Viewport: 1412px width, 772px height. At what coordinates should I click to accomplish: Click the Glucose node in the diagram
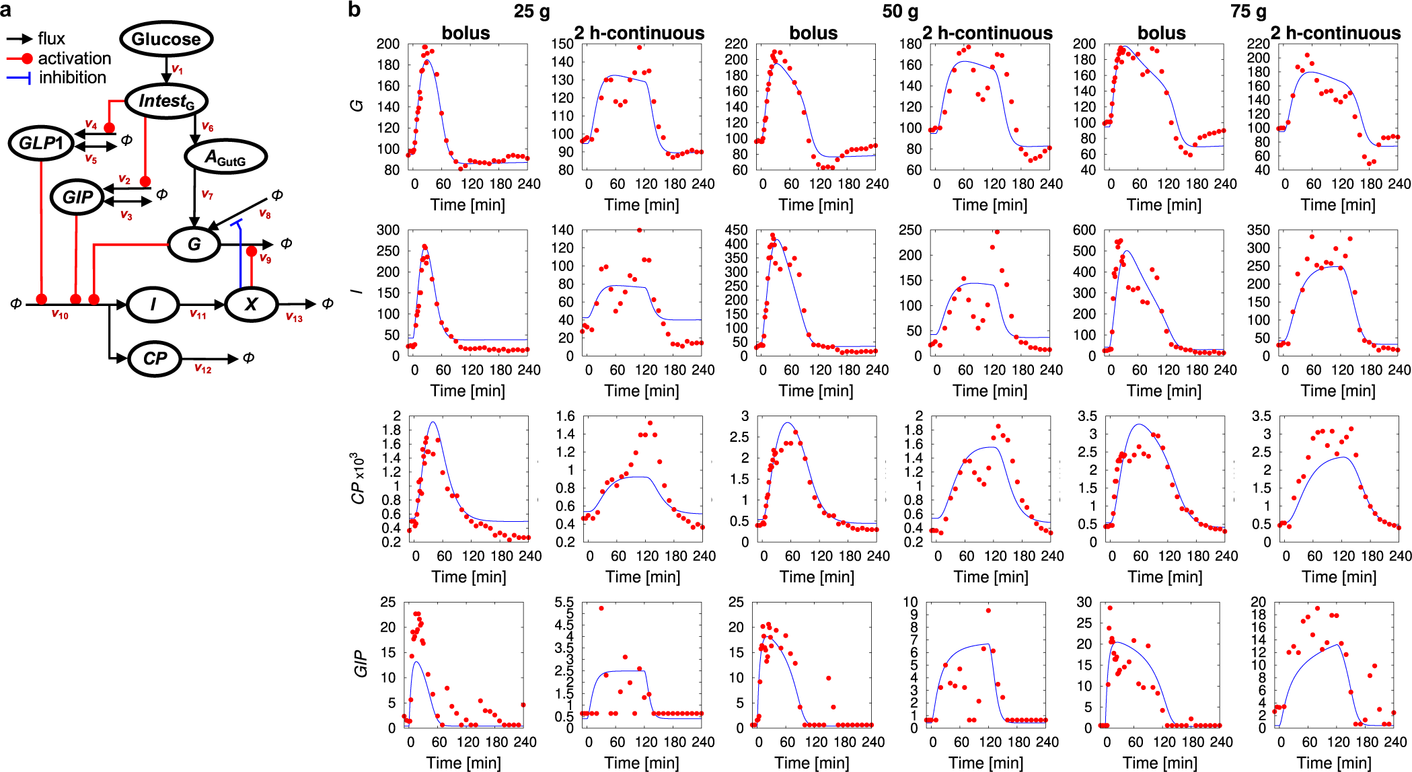pos(166,39)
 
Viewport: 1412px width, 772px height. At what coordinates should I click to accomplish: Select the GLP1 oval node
pos(41,143)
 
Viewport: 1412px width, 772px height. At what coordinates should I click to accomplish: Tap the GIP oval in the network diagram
pos(77,197)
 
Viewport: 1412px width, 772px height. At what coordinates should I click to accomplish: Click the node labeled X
pos(251,304)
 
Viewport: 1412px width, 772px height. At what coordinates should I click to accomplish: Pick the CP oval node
pos(155,358)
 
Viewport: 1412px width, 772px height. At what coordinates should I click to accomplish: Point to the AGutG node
pos(225,157)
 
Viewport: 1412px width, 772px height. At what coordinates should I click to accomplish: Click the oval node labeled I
pos(153,304)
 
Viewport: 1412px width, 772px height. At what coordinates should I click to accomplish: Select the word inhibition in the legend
pos(73,78)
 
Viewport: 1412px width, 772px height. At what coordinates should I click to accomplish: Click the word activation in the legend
pos(74,59)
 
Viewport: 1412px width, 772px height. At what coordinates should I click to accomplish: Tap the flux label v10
pos(60,314)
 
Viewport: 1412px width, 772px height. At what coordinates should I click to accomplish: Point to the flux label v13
pos(294,317)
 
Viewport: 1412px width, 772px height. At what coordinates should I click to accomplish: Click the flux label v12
pos(202,369)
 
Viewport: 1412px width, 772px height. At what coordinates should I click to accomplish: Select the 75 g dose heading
pos(1249,11)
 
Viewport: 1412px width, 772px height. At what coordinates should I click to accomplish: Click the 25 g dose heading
pos(531,11)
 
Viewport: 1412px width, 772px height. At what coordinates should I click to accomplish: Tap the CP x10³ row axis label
pos(359,478)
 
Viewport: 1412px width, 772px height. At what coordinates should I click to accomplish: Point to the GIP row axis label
pos(361,664)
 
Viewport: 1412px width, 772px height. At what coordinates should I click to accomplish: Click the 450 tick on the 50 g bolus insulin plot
pos(736,230)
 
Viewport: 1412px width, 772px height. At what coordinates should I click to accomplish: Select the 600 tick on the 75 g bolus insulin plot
pos(1084,230)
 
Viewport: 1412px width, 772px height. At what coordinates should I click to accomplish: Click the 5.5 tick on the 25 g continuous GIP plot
pos(566,603)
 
